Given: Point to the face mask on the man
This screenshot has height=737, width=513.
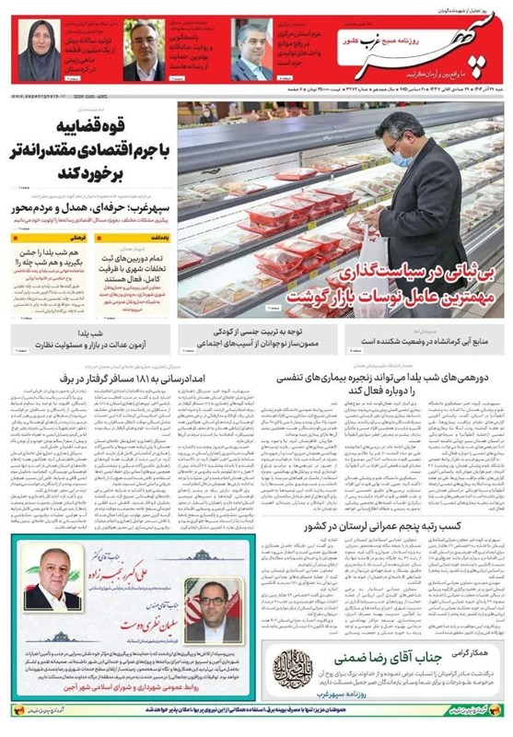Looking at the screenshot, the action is click(x=402, y=158).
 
